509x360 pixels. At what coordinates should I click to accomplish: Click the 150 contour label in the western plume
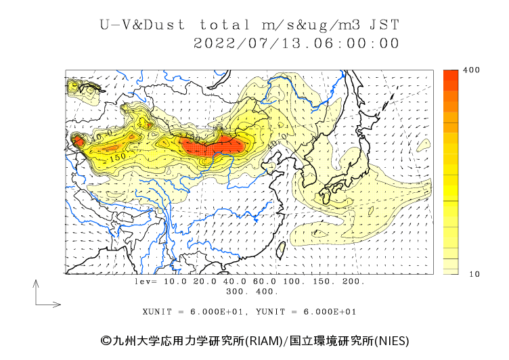(x=117, y=157)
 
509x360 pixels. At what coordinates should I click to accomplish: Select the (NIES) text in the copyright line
(x=392, y=340)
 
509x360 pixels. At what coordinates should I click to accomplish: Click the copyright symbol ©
(x=106, y=340)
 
